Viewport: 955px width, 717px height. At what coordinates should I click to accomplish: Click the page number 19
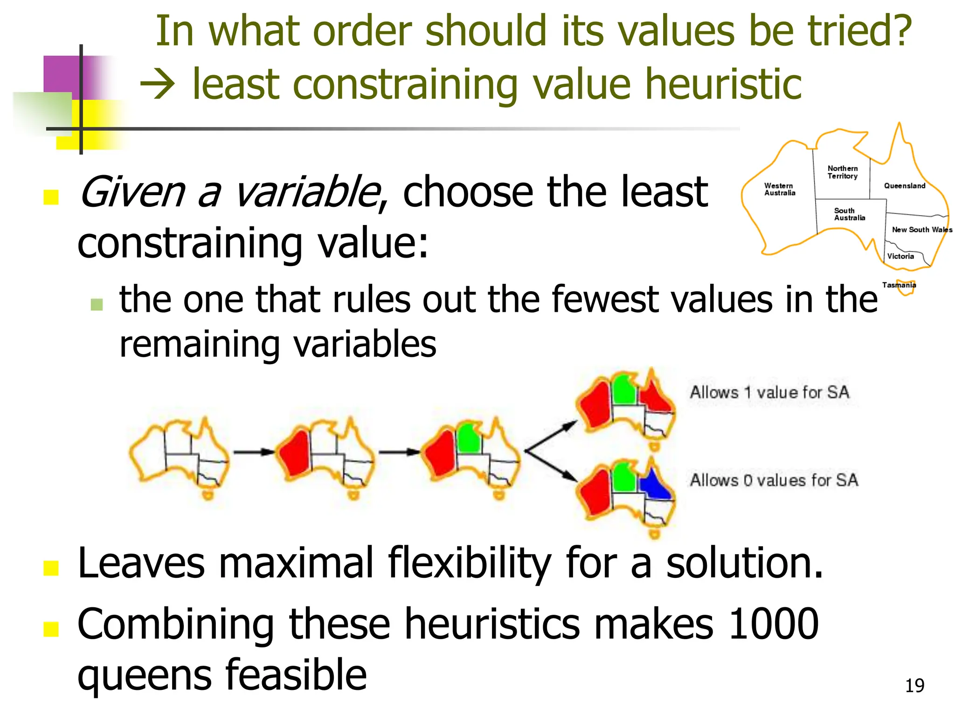tap(914, 686)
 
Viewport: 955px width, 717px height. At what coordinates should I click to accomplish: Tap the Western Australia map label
tap(780, 190)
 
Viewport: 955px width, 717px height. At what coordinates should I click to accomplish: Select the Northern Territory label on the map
tap(843, 172)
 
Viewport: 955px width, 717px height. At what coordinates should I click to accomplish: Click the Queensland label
tap(905, 186)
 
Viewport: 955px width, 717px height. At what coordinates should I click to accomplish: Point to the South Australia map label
tap(850, 214)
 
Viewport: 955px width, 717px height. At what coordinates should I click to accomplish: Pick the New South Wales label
tap(922, 230)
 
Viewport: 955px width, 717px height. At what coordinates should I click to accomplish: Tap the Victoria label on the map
tap(900, 256)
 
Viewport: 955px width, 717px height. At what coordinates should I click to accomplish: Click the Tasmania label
tap(899, 285)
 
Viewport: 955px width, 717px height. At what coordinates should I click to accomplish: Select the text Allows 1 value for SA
tap(769, 392)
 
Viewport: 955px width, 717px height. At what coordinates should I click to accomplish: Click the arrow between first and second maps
tap(254, 452)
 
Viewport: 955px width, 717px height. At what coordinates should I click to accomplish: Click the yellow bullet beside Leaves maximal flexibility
tap(51, 568)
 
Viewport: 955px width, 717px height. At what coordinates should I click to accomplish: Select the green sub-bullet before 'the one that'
tap(97, 304)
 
